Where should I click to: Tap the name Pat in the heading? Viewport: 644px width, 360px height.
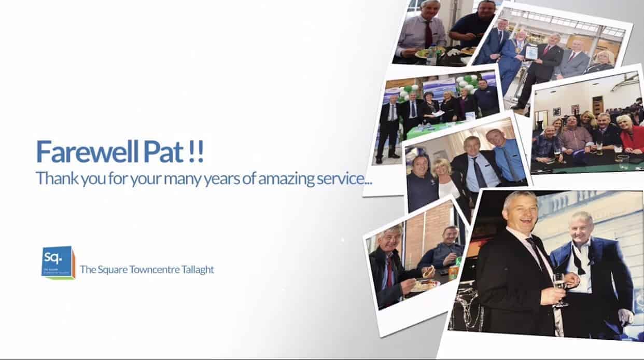(163, 151)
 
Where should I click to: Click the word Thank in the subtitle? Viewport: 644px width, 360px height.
(57, 178)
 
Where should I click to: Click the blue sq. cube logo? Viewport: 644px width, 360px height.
(59, 262)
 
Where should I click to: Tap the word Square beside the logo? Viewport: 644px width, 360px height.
(113, 270)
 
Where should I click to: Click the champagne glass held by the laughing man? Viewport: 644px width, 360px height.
(559, 289)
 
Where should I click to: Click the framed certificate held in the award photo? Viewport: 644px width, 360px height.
(531, 52)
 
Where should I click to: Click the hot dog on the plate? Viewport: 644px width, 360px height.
(428, 272)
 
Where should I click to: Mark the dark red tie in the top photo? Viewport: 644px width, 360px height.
(428, 35)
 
